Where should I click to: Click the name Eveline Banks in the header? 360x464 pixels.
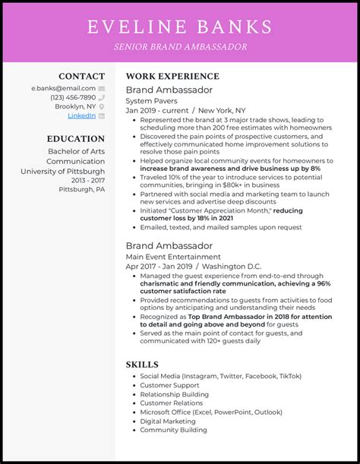[179, 27]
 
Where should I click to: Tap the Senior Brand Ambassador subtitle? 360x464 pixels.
[179, 47]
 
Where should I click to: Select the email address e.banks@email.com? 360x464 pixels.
[65, 88]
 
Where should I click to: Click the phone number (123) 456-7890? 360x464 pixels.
[73, 97]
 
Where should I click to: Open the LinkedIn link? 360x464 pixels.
[82, 115]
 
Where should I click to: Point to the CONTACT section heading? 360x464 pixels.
[82, 76]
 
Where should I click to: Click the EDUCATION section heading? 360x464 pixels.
[75, 139]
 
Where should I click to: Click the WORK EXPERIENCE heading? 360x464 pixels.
[172, 76]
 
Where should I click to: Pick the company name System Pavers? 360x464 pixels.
[152, 100]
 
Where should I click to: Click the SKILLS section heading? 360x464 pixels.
[142, 365]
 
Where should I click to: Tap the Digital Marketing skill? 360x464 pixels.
[168, 421]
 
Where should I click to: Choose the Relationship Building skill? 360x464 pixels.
[174, 394]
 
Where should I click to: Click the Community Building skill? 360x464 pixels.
[172, 430]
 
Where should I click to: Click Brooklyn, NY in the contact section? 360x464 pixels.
[75, 106]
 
